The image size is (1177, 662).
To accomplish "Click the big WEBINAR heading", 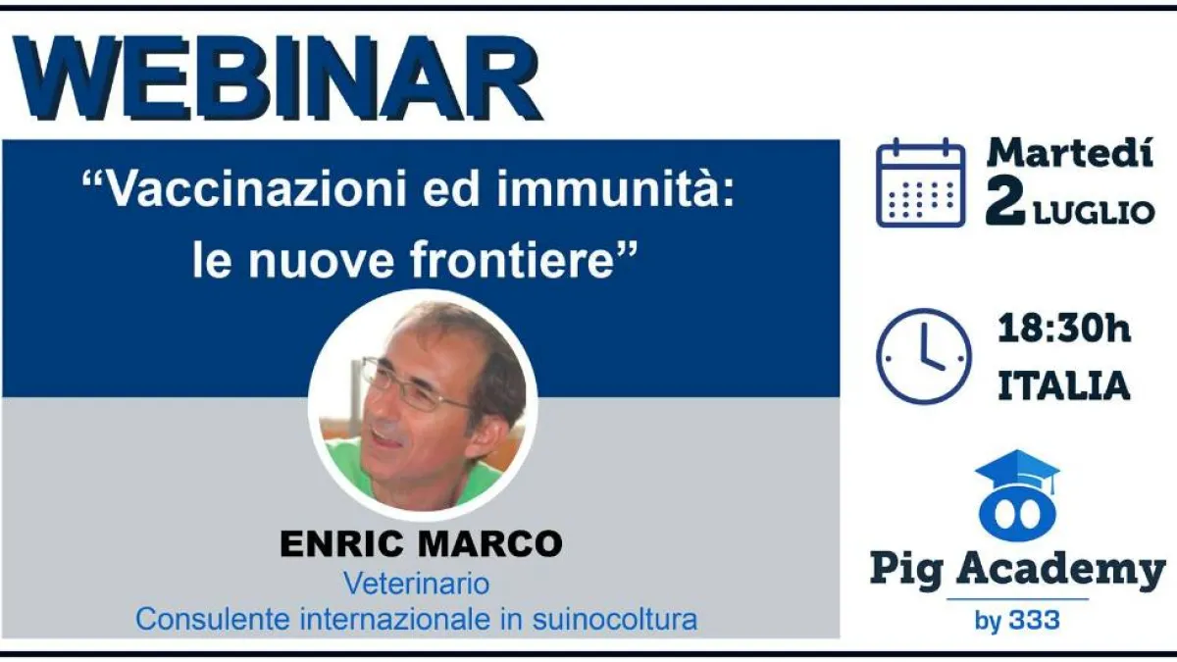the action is (x=278, y=78).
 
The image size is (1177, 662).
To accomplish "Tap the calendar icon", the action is (x=921, y=182).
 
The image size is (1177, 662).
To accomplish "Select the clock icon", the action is (x=924, y=356).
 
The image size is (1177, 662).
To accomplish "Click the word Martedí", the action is (x=1070, y=153).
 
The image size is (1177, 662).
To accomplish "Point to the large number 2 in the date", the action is (x=1005, y=202).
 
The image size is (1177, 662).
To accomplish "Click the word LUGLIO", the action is (x=1094, y=213).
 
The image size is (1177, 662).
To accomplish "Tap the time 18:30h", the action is (x=1063, y=329).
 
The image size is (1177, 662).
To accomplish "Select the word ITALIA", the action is (x=1063, y=385).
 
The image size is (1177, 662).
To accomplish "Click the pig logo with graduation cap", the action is (x=1018, y=495).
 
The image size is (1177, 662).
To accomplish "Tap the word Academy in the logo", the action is (x=1060, y=570).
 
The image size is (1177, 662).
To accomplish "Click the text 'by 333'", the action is (x=1017, y=621).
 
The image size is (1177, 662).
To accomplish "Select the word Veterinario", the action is (x=416, y=584).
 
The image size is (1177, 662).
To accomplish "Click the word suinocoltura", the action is (x=615, y=620).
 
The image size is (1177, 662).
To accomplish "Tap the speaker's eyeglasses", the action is (x=415, y=386).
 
